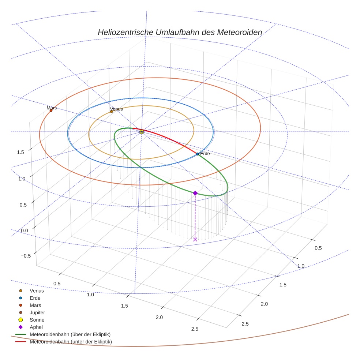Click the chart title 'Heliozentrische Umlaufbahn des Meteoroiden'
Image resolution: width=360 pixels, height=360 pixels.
coord(180,32)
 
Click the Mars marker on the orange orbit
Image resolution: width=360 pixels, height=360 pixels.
coord(51,110)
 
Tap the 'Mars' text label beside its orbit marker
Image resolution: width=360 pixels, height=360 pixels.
coord(52,108)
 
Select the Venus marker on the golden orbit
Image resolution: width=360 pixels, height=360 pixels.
coord(112,111)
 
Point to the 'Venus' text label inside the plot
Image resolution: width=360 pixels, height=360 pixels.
coord(116,109)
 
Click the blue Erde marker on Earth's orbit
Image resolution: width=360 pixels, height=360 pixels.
coord(197,154)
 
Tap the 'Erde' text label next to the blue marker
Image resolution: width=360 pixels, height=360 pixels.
coord(205,154)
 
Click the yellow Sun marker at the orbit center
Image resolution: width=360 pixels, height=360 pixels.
coord(142,132)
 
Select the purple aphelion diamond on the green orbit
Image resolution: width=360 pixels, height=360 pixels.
coord(195,193)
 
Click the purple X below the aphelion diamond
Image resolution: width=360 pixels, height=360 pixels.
coord(195,239)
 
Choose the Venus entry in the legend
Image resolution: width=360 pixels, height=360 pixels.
coord(37,291)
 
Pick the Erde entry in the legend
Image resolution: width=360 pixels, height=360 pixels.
coord(35,298)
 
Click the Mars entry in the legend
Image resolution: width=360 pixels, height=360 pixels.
coord(35,305)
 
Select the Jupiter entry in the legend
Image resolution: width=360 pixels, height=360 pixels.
coord(37,312)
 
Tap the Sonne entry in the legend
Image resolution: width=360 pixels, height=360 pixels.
coord(37,320)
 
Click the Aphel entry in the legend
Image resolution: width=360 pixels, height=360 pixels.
coord(36,327)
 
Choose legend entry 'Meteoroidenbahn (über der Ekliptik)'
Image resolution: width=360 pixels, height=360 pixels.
coord(70,334)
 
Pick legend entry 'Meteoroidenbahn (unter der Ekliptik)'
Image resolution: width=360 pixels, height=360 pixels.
coord(71,342)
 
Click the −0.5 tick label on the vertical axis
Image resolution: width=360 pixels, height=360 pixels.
coord(24,256)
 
